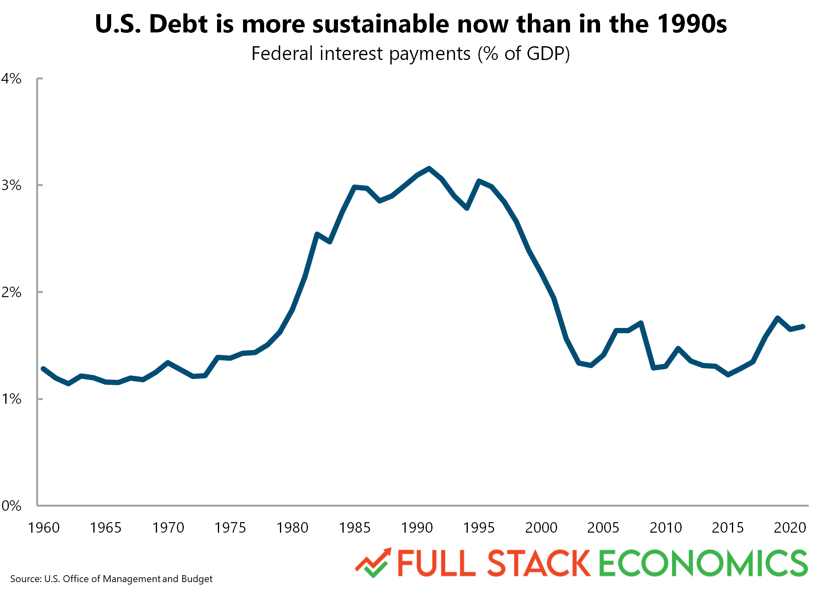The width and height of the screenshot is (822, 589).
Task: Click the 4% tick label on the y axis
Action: click(x=11, y=79)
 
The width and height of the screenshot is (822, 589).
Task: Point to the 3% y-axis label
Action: click(x=11, y=185)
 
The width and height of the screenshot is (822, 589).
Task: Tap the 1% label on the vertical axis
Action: click(x=11, y=399)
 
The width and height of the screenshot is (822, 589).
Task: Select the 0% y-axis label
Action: click(x=11, y=505)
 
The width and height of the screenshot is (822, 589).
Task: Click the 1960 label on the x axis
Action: click(x=43, y=528)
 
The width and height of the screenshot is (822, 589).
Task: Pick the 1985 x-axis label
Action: click(x=354, y=528)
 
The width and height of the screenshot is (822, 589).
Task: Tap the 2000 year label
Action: click(x=541, y=528)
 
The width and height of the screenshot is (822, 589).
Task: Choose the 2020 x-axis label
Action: click(x=790, y=528)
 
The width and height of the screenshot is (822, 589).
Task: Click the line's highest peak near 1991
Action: click(x=429, y=168)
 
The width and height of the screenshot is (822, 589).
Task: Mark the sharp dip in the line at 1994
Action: click(x=467, y=208)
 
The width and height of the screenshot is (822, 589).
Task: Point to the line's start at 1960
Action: click(x=43, y=368)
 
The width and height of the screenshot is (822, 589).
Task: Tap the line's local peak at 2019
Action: click(x=777, y=318)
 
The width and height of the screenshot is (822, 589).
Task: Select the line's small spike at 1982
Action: click(x=317, y=234)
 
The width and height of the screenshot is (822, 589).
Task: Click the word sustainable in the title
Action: click(x=381, y=24)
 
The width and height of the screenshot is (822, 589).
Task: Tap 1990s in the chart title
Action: click(x=692, y=24)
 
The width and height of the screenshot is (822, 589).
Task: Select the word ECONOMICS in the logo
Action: click(x=703, y=563)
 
